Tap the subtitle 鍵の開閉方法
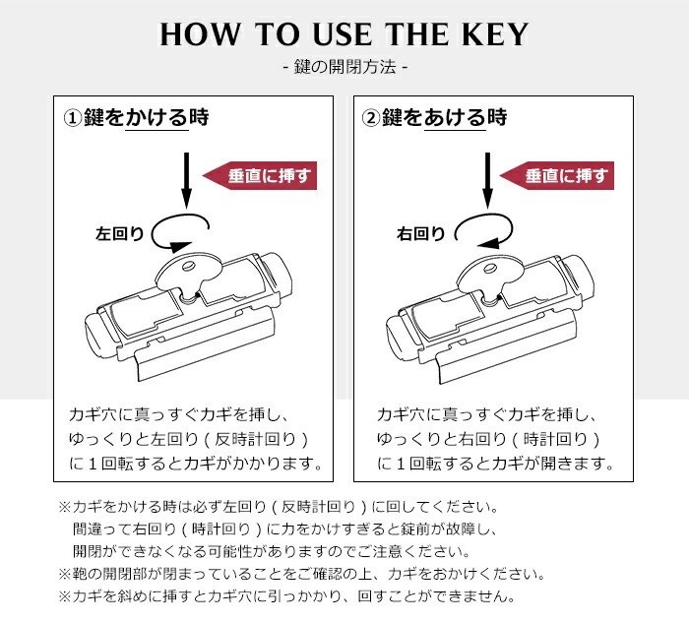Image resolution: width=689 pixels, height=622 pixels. click(344, 68)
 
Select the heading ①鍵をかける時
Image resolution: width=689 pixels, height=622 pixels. click(137, 118)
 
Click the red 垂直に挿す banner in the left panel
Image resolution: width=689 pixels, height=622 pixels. click(260, 176)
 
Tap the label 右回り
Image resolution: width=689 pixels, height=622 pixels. click(420, 234)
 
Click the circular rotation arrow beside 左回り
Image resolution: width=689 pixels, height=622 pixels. click(181, 228)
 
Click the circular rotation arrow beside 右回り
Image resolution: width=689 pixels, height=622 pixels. click(483, 228)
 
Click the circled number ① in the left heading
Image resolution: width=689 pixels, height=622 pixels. click(71, 119)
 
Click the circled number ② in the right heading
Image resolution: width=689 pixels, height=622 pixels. click(370, 119)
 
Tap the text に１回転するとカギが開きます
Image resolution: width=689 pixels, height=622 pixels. click(495, 463)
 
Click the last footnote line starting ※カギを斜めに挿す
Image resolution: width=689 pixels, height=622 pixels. click(287, 595)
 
